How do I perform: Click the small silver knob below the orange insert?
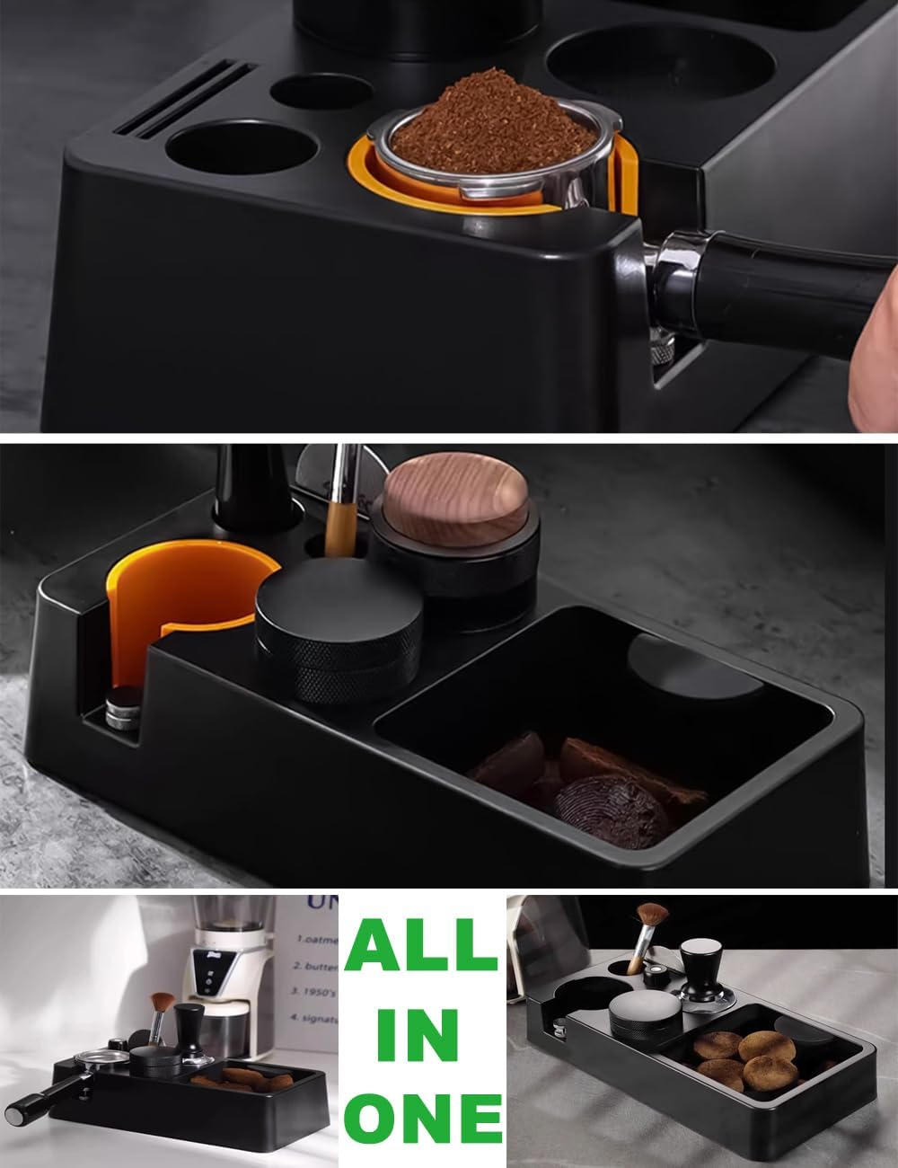click(123, 710)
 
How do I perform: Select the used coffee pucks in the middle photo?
click(584, 782)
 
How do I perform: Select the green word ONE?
click(423, 1119)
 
